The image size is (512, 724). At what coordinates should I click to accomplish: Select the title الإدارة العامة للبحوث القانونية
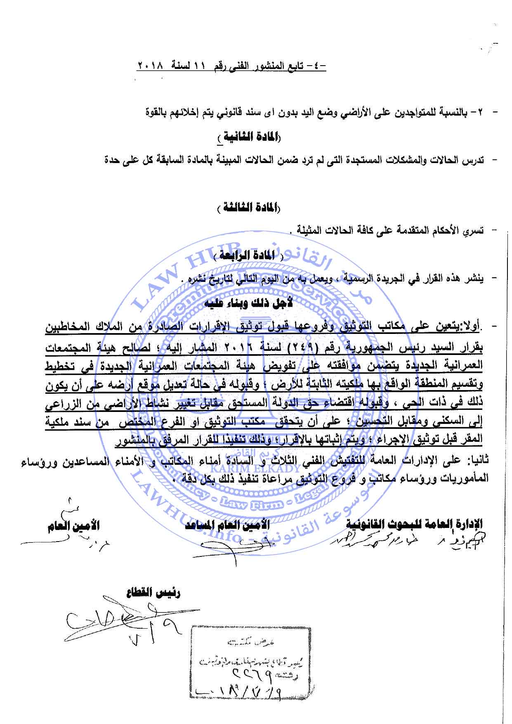[x=413, y=525]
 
